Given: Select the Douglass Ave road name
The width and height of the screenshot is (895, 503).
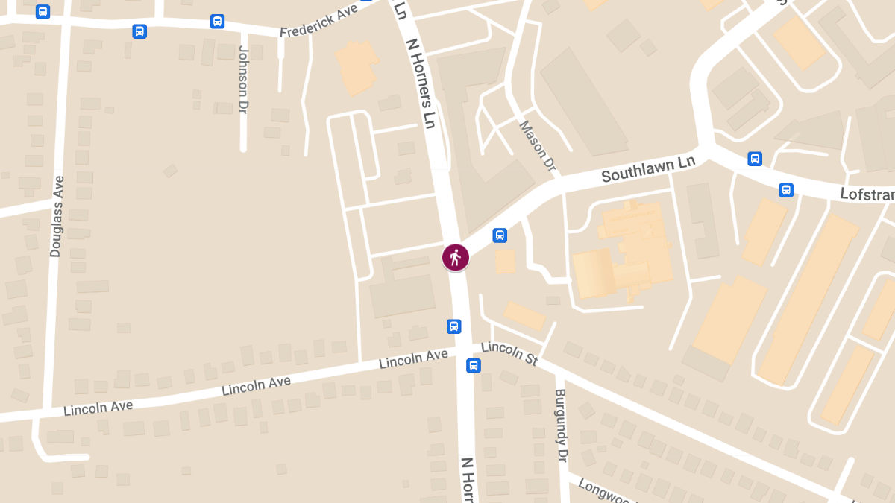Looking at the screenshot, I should (x=57, y=216).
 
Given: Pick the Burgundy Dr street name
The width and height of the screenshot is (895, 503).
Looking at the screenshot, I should (x=561, y=426).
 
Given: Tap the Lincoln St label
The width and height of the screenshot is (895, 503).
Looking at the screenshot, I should (x=509, y=353).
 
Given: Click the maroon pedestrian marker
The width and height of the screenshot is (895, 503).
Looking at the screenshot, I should (x=455, y=257).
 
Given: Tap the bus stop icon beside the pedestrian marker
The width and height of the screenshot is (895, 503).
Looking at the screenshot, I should (x=500, y=235).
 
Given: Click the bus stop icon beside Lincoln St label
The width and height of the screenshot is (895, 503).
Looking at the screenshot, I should (x=473, y=366).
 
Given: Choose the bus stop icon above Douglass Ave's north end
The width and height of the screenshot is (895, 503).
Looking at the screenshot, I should (x=43, y=12).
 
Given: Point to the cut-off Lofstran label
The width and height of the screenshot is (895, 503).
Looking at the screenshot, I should (x=867, y=194).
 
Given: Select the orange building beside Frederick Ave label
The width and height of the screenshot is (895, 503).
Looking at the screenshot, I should (x=357, y=66).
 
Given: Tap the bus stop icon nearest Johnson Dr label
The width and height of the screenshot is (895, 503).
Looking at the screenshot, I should (x=217, y=21).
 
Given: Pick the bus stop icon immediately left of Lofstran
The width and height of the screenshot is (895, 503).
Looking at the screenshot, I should (x=786, y=190).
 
